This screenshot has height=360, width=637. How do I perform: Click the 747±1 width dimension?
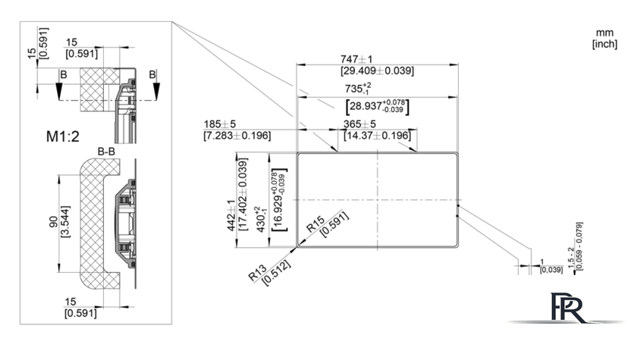356,59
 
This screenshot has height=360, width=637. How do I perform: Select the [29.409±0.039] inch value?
377,70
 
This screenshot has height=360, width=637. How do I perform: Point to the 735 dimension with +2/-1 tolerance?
358,89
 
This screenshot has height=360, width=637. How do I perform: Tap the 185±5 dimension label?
219,124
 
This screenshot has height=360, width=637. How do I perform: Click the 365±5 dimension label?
359,124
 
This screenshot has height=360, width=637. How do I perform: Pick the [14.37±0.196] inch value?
377,135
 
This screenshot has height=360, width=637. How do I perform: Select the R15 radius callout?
315,224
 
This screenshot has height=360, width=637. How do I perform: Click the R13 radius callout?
258,273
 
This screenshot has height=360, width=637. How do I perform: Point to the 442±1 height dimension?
231,215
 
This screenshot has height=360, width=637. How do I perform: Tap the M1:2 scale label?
62,136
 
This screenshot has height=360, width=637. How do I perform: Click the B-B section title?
106,152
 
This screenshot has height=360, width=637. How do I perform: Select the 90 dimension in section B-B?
54,221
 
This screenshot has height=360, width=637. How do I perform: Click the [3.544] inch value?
65,221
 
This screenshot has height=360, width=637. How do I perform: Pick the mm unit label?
605,33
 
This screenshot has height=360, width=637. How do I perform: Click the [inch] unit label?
605,44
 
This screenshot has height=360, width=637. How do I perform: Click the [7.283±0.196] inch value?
237,135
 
